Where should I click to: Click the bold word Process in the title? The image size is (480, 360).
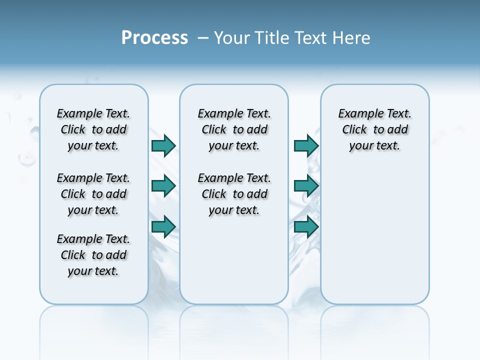click(154, 38)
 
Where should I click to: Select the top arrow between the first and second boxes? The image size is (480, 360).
click(163, 145)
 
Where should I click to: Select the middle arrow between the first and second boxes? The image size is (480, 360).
click(163, 186)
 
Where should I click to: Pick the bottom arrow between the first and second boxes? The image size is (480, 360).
click(163, 226)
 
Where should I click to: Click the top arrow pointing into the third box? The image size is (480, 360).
click(306, 145)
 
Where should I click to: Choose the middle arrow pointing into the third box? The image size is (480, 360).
click(306, 186)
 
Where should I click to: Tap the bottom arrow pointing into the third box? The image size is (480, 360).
click(306, 226)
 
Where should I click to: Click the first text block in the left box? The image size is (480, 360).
click(93, 129)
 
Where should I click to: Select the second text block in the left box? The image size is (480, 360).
click(93, 194)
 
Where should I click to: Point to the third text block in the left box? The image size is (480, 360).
click(93, 255)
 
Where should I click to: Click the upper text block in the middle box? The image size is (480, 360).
click(234, 129)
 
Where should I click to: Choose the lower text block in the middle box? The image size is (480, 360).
click(234, 194)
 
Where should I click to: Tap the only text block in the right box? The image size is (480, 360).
click(375, 129)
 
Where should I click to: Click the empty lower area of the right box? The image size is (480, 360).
click(375, 235)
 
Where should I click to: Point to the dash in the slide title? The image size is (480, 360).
click(203, 38)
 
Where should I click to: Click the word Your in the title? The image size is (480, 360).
click(232, 38)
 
